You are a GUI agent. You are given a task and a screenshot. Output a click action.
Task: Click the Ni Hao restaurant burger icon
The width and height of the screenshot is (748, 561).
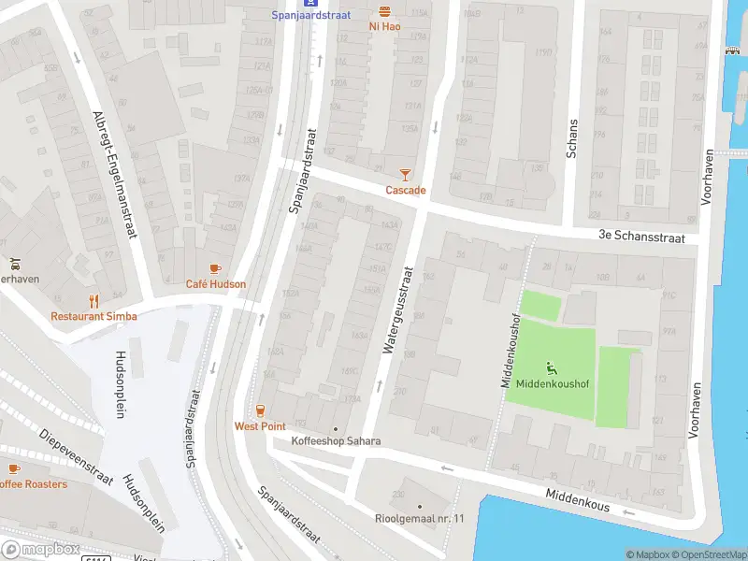(384, 10)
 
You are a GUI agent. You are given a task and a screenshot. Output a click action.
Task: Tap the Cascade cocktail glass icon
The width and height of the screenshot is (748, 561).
(405, 174)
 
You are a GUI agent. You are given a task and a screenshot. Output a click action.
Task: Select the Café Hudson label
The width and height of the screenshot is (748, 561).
(216, 284)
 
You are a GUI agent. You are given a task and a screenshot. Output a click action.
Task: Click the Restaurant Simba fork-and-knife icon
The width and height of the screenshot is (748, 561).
(93, 300)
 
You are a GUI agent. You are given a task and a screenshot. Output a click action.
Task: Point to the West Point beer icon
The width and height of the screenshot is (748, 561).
(260, 410)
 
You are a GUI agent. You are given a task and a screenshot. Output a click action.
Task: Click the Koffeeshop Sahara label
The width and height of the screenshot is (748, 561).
(336, 440)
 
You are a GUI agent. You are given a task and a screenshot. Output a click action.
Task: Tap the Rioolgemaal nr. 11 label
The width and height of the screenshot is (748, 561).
(420, 519)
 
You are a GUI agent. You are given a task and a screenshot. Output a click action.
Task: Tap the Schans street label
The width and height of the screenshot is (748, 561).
(572, 139)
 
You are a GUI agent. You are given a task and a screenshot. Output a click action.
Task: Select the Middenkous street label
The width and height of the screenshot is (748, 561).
(578, 502)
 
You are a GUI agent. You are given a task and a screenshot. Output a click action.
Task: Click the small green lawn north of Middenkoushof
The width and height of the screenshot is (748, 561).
(540, 306)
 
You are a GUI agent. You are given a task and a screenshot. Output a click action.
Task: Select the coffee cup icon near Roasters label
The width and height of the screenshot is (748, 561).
(13, 468)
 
